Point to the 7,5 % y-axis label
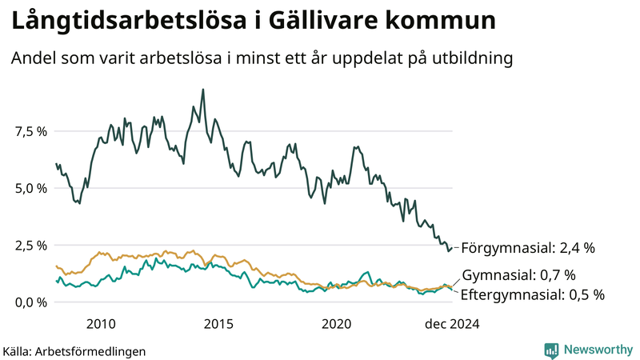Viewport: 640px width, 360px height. (x=30, y=131)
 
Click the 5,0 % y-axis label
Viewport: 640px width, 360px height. (x=30, y=188)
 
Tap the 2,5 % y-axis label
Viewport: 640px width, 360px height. (x=30, y=245)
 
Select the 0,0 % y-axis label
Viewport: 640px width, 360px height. (x=30, y=302)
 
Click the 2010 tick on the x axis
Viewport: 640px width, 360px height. (x=101, y=324)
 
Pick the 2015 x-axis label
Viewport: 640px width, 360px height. (x=218, y=324)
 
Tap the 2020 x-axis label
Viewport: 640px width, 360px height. (x=336, y=324)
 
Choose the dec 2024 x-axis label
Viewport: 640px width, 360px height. (x=451, y=324)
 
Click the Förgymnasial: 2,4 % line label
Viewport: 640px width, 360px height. (x=528, y=248)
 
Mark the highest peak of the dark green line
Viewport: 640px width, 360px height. (x=203, y=90)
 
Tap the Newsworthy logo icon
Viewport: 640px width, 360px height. (x=552, y=350)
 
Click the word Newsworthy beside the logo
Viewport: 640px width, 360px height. (x=598, y=350)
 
